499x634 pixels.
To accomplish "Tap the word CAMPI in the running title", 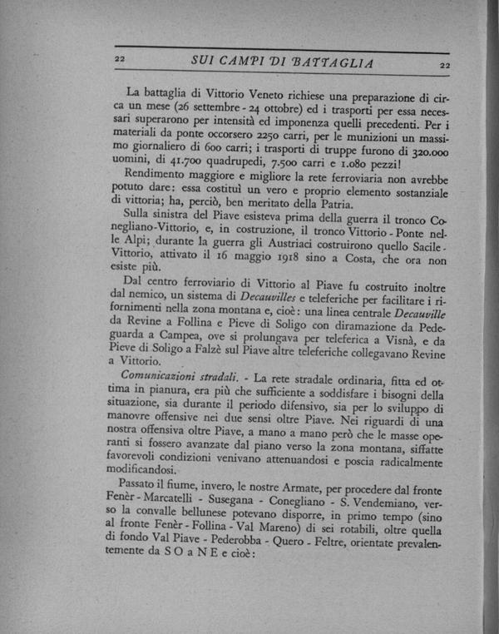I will (246, 62).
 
